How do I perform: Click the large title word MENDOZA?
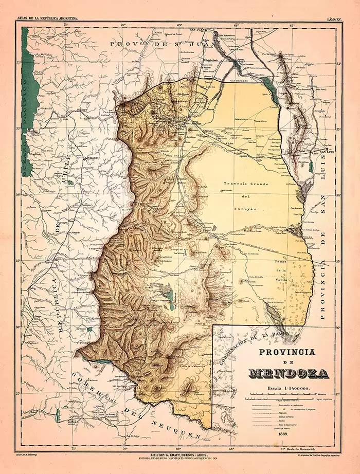click(x=289, y=373)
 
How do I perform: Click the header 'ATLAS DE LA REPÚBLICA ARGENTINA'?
click(x=47, y=19)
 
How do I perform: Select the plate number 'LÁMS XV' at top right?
click(x=335, y=19)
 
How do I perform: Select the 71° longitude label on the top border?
click(x=66, y=24)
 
